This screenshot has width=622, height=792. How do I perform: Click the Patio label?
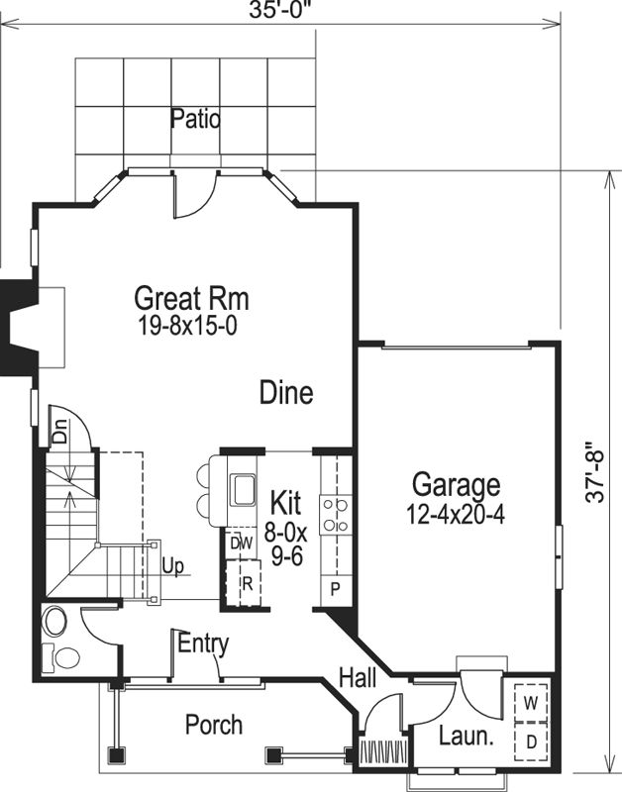pos(194,120)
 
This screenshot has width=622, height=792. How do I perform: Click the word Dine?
pos(286,393)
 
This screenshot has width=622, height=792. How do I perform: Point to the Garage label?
pos(456,486)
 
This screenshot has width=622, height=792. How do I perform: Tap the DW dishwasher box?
pos(241,544)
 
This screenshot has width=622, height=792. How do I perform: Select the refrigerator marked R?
pos(247,582)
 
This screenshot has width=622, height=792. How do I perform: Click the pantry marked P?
pos(335,588)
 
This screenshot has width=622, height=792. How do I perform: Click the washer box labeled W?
pos(531,703)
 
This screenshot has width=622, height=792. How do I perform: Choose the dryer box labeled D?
pos(531,741)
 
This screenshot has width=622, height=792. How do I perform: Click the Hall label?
pos(357,677)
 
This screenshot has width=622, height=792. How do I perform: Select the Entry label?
pos(203,643)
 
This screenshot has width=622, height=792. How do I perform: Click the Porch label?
pos(213,725)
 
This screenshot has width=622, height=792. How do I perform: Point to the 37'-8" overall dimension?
pos(593,473)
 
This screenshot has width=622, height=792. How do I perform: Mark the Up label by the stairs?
pos(172,567)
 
